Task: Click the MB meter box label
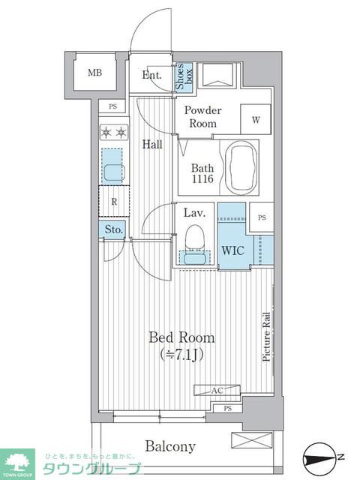tap(94, 73)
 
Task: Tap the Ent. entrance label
tap(151, 75)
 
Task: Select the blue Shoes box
tap(184, 76)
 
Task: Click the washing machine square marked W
tap(256, 119)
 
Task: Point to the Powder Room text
tap(202, 117)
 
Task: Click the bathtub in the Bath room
tap(241, 168)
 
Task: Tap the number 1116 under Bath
tap(202, 179)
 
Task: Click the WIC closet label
tap(233, 250)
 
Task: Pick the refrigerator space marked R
tap(114, 201)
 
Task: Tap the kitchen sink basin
tap(114, 172)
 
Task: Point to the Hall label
tap(152, 144)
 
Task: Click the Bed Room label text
tap(181, 337)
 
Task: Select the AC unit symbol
tap(217, 390)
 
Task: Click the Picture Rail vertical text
tap(267, 337)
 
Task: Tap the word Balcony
tap(170, 446)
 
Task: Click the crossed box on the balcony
tap(252, 441)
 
